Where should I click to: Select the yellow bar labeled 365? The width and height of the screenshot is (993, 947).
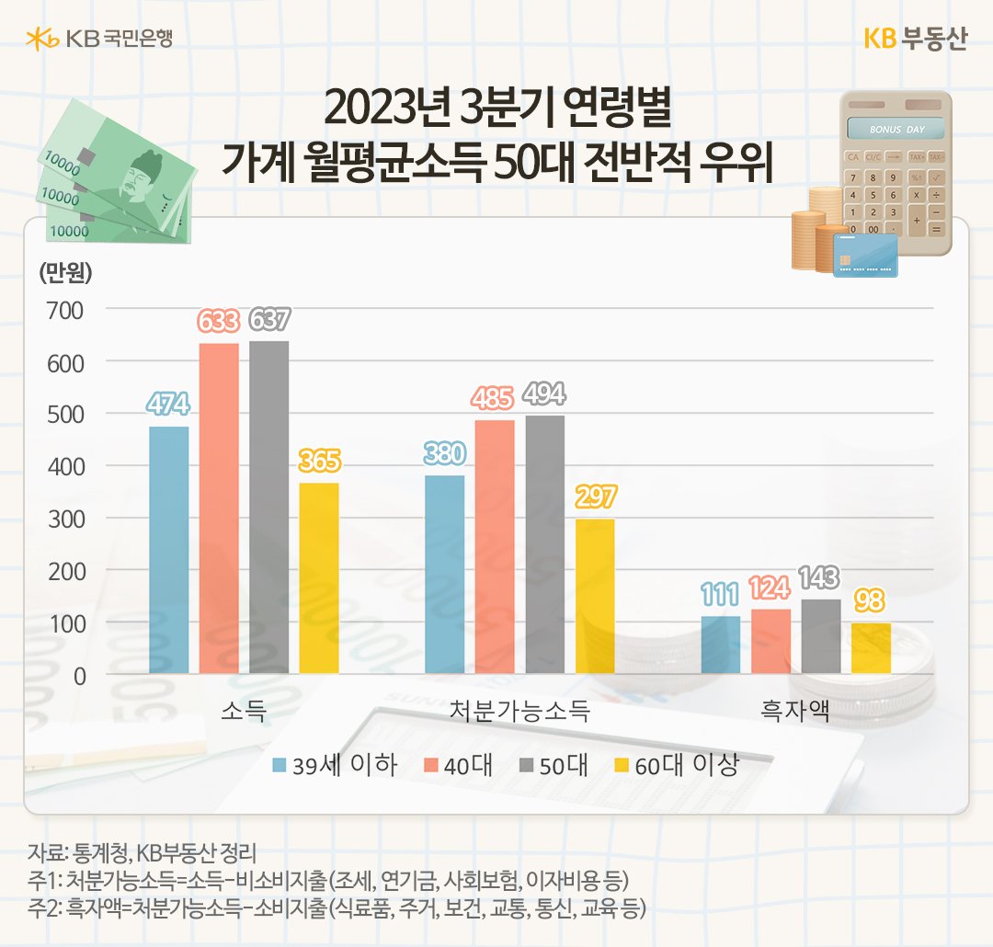tap(319, 578)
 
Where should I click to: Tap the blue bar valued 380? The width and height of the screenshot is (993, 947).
tap(444, 575)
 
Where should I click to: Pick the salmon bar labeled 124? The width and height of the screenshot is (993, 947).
tap(770, 641)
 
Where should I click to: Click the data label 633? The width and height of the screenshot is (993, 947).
tap(219, 322)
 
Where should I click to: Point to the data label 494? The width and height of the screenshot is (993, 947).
tap(544, 394)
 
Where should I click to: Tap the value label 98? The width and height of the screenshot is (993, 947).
tap(871, 601)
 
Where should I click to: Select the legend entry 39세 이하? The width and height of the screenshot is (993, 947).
tap(336, 766)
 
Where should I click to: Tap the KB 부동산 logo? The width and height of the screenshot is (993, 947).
tap(915, 40)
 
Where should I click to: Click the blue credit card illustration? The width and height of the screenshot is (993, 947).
tap(864, 255)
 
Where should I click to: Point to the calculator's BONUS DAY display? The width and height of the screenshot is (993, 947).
tap(896, 130)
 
